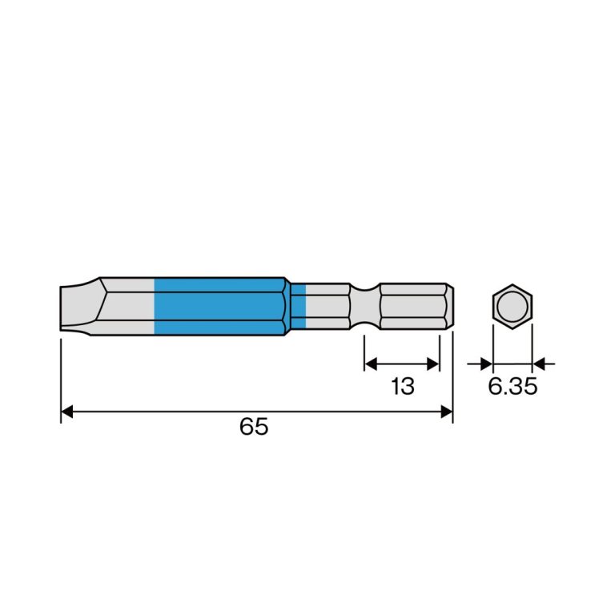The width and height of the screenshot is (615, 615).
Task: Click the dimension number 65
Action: (254, 426)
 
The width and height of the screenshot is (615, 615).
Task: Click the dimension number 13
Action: (403, 386)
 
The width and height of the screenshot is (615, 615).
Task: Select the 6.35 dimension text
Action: (512, 386)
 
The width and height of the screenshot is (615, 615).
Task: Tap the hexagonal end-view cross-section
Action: (512, 307)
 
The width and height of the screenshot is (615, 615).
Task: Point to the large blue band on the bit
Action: (220, 307)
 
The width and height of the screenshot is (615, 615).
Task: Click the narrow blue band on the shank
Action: (299, 307)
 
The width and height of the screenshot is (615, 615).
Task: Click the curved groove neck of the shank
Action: (365, 307)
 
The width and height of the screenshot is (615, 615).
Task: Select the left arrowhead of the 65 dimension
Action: (67, 412)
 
